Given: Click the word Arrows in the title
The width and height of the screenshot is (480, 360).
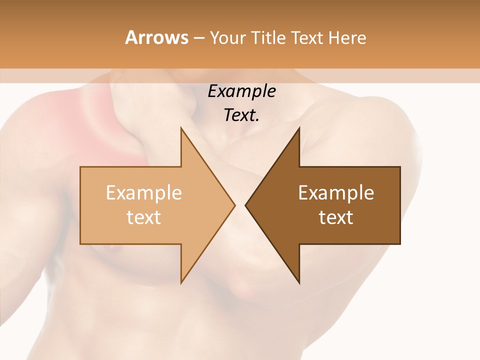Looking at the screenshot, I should (x=156, y=37).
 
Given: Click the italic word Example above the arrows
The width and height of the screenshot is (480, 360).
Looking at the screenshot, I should (x=241, y=91).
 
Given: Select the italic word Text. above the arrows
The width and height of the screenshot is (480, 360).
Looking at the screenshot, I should (x=241, y=115).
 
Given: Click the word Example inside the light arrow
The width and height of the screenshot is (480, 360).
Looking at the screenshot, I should (x=143, y=192).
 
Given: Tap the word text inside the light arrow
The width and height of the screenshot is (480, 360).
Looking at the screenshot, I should (x=143, y=217).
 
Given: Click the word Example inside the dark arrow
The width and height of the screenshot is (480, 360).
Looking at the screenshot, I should (x=336, y=192).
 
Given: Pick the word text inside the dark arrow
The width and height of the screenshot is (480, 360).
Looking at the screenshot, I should (x=336, y=217).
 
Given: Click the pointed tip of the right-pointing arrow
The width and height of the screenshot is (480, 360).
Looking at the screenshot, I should (x=235, y=205).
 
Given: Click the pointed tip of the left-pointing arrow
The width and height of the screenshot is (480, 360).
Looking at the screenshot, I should (x=245, y=205).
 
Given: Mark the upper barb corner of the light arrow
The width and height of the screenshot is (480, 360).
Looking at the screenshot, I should (x=181, y=128).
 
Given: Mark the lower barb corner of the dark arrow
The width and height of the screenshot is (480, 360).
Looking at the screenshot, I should (x=299, y=283).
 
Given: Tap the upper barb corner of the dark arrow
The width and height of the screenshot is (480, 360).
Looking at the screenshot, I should (x=299, y=128).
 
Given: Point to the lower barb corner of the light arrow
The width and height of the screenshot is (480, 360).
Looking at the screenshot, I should (x=181, y=283).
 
